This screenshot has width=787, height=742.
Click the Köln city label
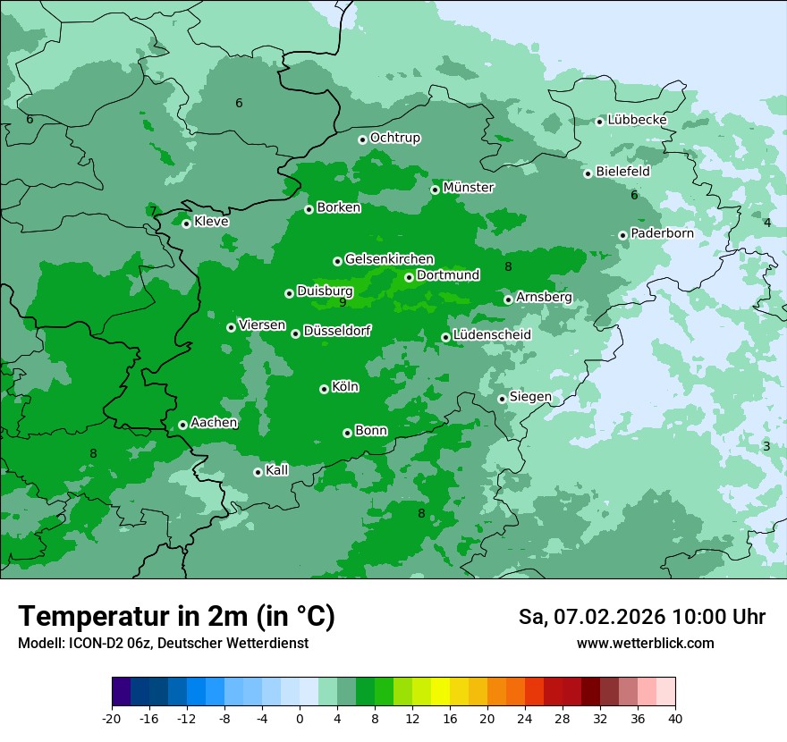tap(344, 387)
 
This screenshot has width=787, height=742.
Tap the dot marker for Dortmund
tap(409, 277)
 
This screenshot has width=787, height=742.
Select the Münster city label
tap(468, 188)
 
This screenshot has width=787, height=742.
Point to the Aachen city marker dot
tap(182, 425)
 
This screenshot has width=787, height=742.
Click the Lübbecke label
tap(637, 120)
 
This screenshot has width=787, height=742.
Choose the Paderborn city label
tap(662, 233)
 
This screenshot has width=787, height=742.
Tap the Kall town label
tap(277, 470)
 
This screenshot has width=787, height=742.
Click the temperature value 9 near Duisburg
tap(343, 303)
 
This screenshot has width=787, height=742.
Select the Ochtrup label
tap(394, 138)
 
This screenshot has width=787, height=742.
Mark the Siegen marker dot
tap(502, 399)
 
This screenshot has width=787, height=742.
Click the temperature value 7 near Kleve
tap(153, 212)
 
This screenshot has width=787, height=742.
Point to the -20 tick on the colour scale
tap(112, 718)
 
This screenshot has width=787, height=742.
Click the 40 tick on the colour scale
tap(675, 718)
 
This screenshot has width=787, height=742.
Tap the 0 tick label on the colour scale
tap(300, 718)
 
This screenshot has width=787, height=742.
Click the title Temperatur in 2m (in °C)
tap(176, 617)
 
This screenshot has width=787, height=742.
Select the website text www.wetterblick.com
tap(645, 643)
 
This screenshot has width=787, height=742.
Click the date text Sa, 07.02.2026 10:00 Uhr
tap(641, 617)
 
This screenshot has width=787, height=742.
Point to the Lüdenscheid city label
tap(492, 335)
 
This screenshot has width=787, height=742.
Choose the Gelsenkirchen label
tap(389, 259)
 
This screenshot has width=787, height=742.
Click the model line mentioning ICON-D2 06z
tap(163, 643)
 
